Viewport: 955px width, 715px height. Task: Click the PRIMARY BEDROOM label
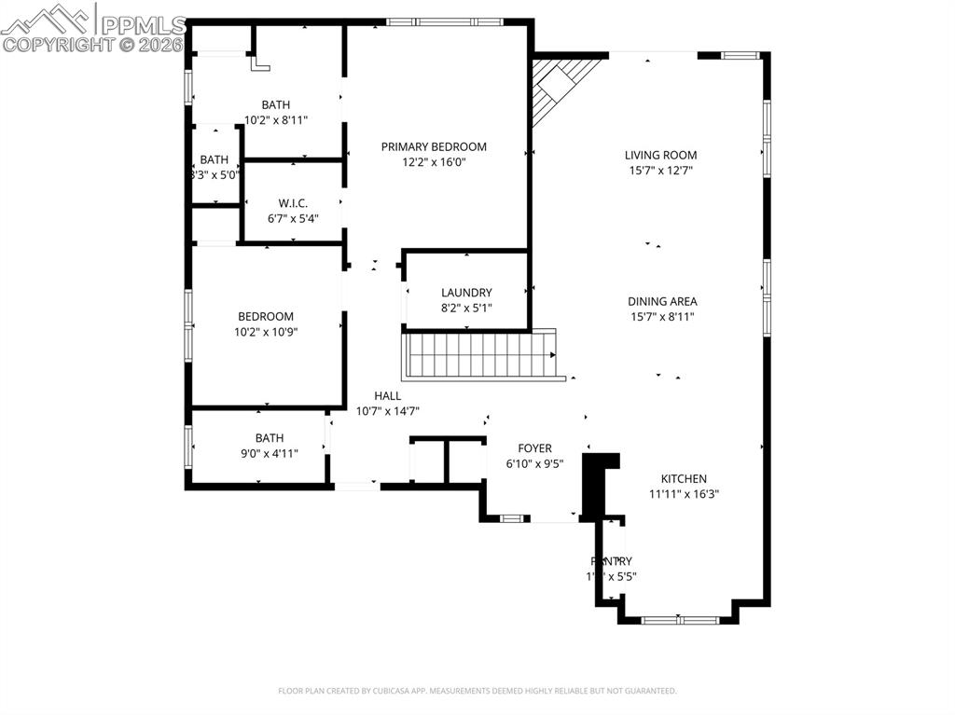pyautogui.click(x=434, y=146)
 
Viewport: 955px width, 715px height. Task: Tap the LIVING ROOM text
pyautogui.click(x=660, y=155)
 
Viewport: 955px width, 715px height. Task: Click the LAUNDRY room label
pyautogui.click(x=466, y=293)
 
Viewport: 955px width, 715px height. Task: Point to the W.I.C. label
pyautogui.click(x=293, y=203)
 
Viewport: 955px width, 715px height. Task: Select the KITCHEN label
pyautogui.click(x=684, y=479)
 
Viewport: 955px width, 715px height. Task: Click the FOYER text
pyautogui.click(x=534, y=448)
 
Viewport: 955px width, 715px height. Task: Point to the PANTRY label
pyautogui.click(x=611, y=561)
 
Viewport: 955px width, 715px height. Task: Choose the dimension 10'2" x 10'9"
pyautogui.click(x=266, y=332)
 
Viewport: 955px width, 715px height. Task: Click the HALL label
pyautogui.click(x=388, y=395)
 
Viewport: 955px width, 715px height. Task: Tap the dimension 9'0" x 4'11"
pyautogui.click(x=270, y=454)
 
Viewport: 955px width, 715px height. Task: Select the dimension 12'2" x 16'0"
pyautogui.click(x=434, y=162)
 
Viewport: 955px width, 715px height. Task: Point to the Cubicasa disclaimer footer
pyautogui.click(x=477, y=691)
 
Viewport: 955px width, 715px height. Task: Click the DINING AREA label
pyautogui.click(x=662, y=301)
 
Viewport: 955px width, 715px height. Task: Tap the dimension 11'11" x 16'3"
pyautogui.click(x=684, y=495)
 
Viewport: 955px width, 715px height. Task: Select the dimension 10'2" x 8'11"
pyautogui.click(x=275, y=120)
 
